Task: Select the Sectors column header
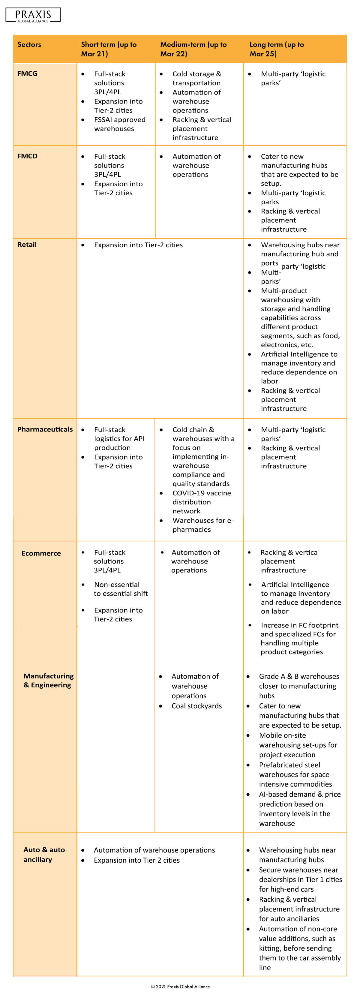point(29,44)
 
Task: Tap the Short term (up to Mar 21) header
point(109,49)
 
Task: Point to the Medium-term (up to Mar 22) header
point(193,49)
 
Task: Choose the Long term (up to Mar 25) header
point(277,49)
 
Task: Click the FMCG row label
point(27,74)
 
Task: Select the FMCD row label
point(27,156)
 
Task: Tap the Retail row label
point(27,245)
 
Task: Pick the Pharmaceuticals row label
point(45,429)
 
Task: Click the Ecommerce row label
point(41,553)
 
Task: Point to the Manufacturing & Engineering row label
point(48,680)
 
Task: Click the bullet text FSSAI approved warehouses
point(119,124)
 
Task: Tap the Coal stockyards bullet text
point(196,706)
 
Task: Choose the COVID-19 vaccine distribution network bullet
point(201,502)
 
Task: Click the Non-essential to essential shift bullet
point(121,589)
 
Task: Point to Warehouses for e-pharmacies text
point(203,525)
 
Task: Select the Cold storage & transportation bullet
point(196,78)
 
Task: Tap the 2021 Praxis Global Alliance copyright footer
point(180,986)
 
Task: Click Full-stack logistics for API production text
point(119,438)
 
